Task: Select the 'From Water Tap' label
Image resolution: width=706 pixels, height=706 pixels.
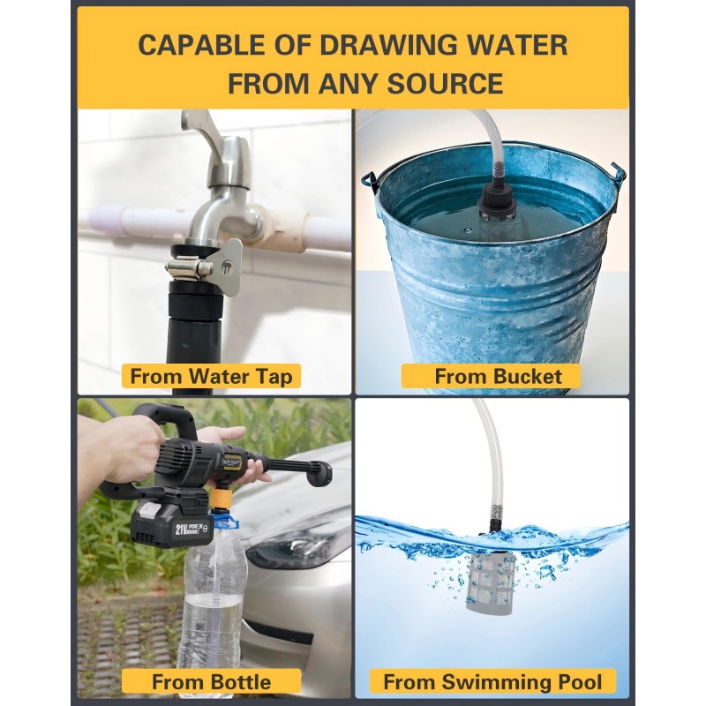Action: [211, 377]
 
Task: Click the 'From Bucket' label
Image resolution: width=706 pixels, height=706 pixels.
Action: [491, 377]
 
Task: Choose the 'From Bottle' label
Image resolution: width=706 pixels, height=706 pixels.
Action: [211, 681]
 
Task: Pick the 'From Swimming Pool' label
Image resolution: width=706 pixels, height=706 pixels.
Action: [492, 681]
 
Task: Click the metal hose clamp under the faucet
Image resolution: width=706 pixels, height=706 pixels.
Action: [189, 268]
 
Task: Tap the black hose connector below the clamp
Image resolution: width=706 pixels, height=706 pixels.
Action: [195, 299]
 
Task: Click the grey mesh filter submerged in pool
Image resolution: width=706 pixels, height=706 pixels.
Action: [490, 582]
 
